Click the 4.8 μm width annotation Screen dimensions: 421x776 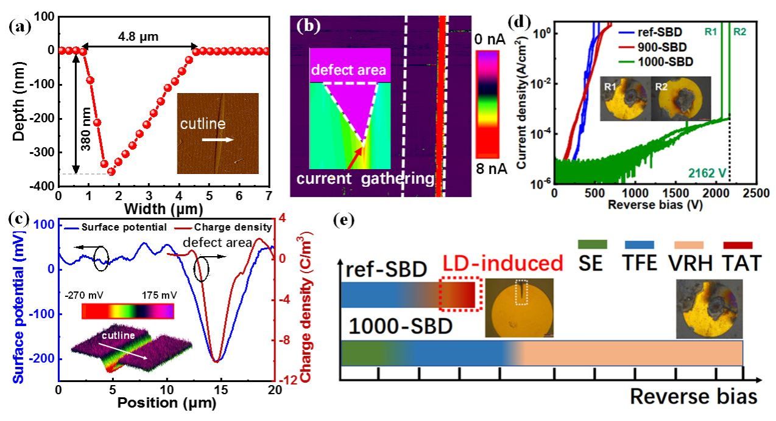(x=139, y=37)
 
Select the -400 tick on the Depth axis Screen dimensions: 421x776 (x=41, y=186)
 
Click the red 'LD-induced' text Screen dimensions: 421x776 (x=502, y=263)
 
